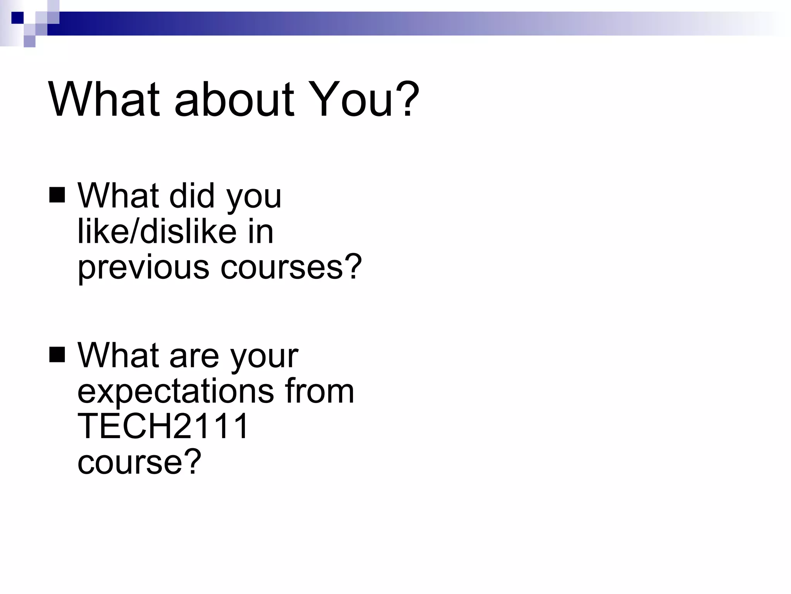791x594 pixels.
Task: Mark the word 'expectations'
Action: [176, 392]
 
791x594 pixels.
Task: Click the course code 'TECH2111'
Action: [163, 426]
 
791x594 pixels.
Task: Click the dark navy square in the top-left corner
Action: [17, 18]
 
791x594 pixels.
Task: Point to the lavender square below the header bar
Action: [29, 41]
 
